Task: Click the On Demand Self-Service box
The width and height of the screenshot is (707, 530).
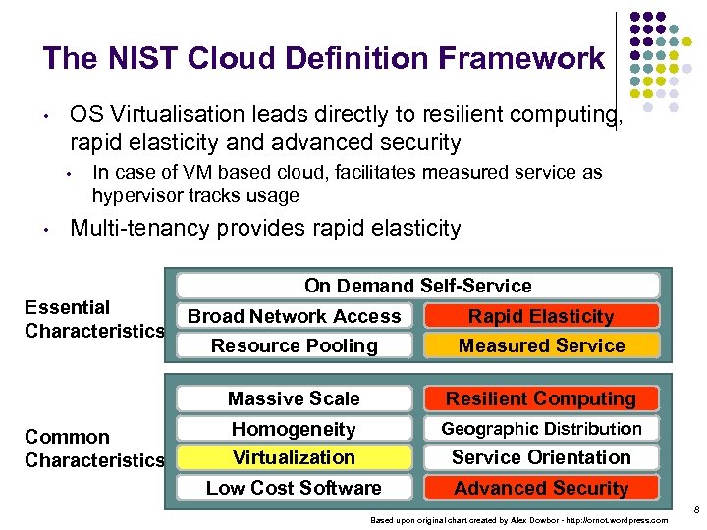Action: pos(417,286)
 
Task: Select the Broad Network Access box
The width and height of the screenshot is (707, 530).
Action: pos(295,316)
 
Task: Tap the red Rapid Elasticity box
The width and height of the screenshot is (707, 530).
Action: pos(541,316)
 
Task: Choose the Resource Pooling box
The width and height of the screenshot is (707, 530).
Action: pos(295,345)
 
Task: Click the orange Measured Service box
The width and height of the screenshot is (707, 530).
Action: pos(541,345)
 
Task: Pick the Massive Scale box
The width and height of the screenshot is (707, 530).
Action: pos(295,398)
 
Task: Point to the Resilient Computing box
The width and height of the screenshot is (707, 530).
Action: pos(541,398)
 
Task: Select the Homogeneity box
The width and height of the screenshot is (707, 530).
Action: pos(295,429)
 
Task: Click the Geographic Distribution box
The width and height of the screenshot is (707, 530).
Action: pos(541,429)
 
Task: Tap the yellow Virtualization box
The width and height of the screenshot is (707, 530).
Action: pos(295,457)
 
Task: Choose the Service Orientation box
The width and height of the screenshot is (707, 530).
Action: pos(541,457)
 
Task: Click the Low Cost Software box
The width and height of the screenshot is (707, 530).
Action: pos(295,488)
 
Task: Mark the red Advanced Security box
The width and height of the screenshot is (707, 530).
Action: pos(541,488)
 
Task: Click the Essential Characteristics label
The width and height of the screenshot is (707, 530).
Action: pos(94,319)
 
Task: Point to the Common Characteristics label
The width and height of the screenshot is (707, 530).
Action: pos(94,449)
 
